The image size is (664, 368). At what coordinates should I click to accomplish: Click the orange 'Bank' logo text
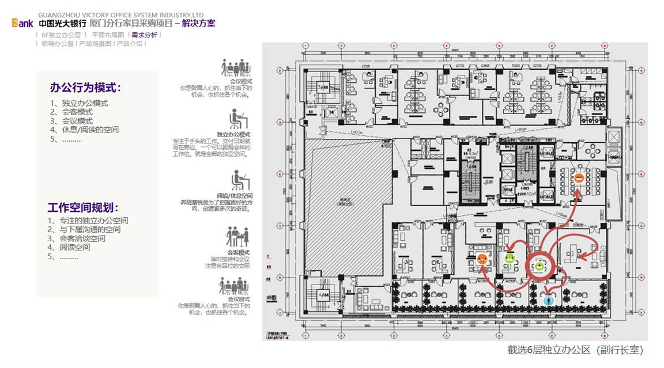pos(23,24)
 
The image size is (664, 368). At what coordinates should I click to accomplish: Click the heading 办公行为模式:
pos(85,88)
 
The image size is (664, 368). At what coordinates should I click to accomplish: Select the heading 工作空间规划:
pos(83,207)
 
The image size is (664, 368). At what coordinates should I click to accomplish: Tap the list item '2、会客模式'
pos(71,112)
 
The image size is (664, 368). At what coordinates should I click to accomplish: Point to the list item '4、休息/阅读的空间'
pos(84,130)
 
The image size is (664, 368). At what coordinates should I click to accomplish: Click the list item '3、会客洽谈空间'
pos(76,238)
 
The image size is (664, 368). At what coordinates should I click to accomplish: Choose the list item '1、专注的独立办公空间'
pos(88,221)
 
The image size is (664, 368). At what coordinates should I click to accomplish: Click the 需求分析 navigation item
pos(144,35)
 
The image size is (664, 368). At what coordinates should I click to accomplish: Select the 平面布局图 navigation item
pos(108,35)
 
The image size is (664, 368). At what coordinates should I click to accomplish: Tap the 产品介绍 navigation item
pos(130,43)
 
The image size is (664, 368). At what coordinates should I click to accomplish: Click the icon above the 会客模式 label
pos(237,237)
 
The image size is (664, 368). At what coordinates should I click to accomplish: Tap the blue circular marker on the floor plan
pos(549,299)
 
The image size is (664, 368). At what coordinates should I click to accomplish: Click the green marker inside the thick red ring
pos(539,265)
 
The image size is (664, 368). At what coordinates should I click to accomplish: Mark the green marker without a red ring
pos(510,258)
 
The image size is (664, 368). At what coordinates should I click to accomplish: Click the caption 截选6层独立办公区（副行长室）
pos(575,350)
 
